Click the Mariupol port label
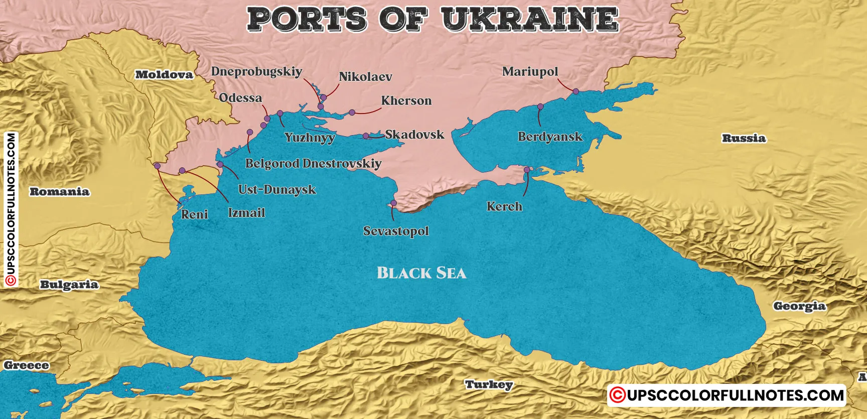tap(530, 72)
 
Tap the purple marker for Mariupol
tap(576, 91)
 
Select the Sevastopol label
tap(396, 231)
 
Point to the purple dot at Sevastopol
tap(393, 203)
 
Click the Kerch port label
tap(504, 206)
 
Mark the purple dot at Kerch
tap(527, 170)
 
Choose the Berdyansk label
tap(550, 137)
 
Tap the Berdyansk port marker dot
tap(540, 107)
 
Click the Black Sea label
tap(421, 273)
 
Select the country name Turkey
tap(489, 385)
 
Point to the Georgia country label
tap(799, 306)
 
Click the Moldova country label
tap(164, 75)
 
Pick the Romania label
tap(59, 191)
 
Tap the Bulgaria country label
tap(69, 284)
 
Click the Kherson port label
tap(406, 100)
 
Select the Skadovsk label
tap(414, 135)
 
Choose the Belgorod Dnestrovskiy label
tap(313, 163)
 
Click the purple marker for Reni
tap(157, 166)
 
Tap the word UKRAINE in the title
tap(530, 19)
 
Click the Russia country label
tap(744, 138)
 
